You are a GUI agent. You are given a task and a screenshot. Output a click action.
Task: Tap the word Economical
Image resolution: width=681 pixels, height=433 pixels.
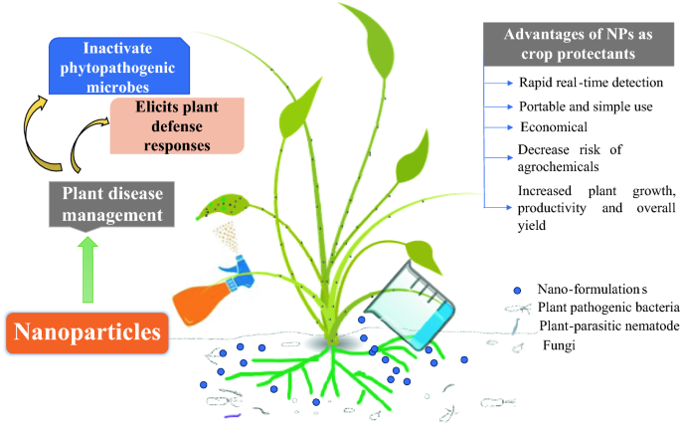pos(554,128)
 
